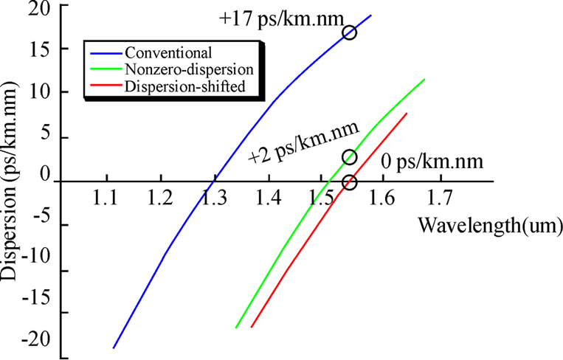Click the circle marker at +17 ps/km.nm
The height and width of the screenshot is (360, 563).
pos(349,32)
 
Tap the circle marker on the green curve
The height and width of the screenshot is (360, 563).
pos(350,157)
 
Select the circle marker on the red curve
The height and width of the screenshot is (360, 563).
pos(350,183)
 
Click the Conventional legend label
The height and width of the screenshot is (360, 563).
pos(169,53)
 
